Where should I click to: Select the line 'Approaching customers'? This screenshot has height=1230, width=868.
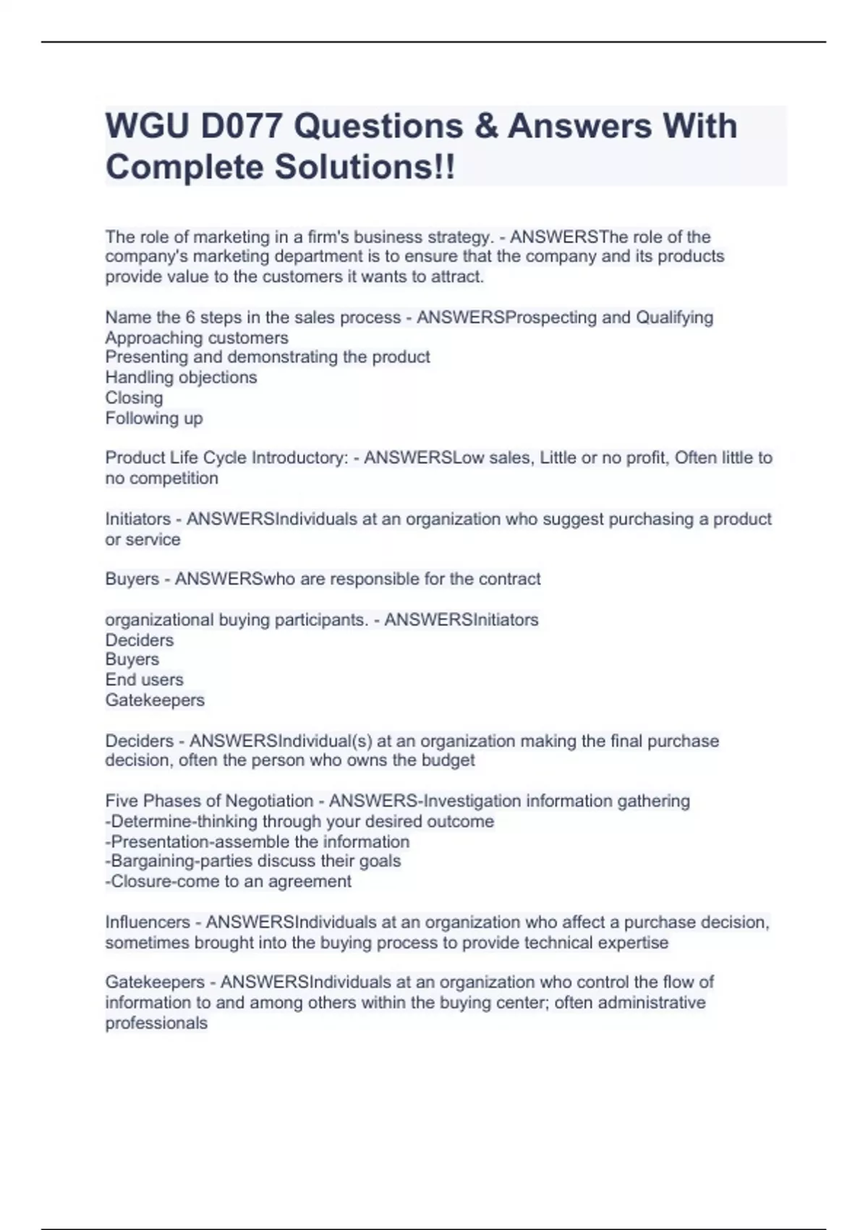[x=197, y=338]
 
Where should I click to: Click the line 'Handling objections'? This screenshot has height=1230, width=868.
[x=181, y=378]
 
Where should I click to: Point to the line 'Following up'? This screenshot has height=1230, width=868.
[x=154, y=418]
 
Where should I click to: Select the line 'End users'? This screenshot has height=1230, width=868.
[x=144, y=680]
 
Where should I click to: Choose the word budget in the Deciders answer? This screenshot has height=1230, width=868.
[x=451, y=760]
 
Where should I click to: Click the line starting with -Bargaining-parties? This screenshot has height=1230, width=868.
[x=253, y=861]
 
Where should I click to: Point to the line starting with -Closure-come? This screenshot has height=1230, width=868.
[x=229, y=881]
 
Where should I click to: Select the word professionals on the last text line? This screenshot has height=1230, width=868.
[x=156, y=1023]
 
